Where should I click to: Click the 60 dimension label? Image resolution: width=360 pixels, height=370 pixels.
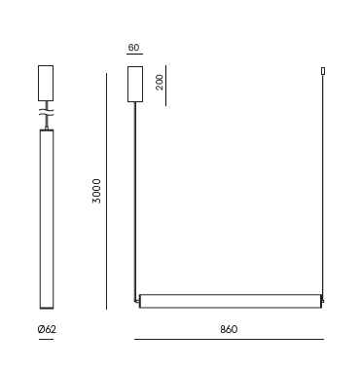click(133, 48)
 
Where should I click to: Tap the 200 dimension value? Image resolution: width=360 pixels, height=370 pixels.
click(160, 83)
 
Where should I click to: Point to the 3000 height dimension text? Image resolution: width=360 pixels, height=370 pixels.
click(96, 191)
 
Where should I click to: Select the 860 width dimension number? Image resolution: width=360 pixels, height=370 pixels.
click(229, 329)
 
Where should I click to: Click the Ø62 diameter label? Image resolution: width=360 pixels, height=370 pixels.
click(47, 329)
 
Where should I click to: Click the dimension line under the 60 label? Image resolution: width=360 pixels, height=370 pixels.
click(134, 54)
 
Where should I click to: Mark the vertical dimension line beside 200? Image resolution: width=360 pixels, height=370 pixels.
click(165, 86)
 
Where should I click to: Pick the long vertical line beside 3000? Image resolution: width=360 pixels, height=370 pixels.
click(106, 191)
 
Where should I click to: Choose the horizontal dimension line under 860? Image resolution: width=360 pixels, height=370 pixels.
click(229, 340)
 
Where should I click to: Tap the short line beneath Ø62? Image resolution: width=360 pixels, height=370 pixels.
click(46, 340)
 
